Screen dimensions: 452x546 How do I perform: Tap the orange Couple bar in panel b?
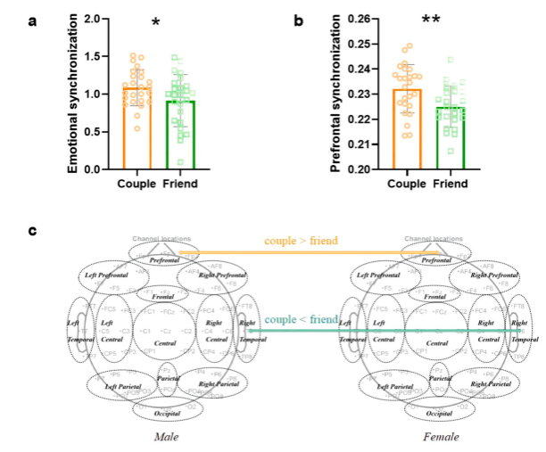coord(407,128)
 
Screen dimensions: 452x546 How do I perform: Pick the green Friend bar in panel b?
coord(451,137)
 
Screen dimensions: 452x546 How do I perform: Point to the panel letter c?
coord(33,231)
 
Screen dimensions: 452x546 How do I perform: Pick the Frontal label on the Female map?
coord(435,296)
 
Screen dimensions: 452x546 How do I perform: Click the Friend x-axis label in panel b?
coord(451,185)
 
